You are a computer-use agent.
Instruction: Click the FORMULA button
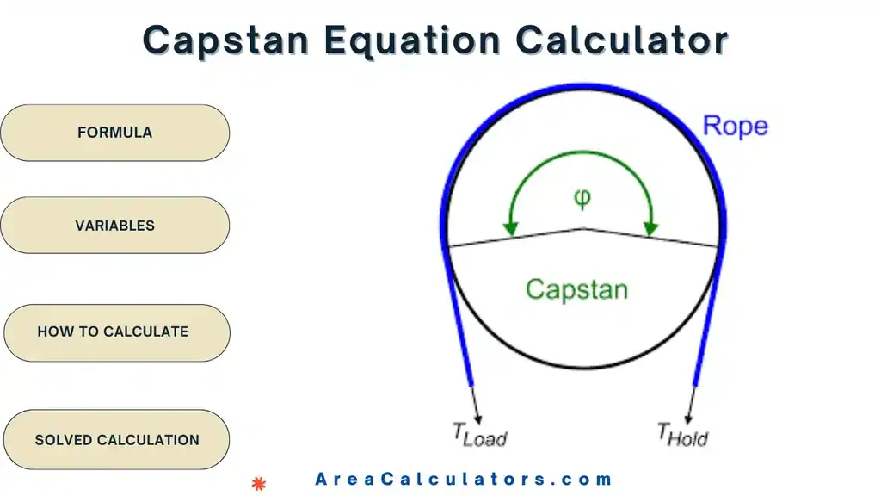click(114, 133)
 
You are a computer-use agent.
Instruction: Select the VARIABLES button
click(114, 226)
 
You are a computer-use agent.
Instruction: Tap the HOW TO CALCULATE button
click(114, 332)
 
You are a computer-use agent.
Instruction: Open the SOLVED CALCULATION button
click(116, 440)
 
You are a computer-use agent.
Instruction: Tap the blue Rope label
click(735, 126)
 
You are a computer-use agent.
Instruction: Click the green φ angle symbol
click(582, 198)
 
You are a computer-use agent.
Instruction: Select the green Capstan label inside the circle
click(576, 288)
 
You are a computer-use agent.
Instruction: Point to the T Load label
click(479, 434)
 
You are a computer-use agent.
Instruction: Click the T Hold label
click(682, 434)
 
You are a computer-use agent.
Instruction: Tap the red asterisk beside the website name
click(258, 483)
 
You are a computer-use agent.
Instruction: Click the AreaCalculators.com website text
click(463, 480)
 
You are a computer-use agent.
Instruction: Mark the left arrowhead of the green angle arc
click(511, 229)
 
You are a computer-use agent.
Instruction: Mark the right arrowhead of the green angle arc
click(651, 229)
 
